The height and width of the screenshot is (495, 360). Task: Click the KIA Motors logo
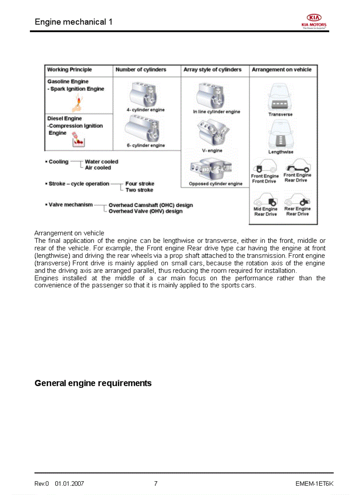[314, 21]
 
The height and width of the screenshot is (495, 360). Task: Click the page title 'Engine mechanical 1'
[73, 22]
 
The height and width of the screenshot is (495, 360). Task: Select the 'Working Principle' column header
[70, 70]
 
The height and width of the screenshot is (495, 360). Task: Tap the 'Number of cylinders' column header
[141, 70]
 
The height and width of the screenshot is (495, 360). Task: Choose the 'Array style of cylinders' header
[213, 70]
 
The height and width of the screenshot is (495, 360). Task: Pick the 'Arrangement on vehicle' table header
[281, 70]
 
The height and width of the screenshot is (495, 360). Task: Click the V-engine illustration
[212, 133]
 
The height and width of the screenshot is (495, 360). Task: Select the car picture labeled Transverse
[279, 99]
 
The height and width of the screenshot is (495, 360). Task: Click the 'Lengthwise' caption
[281, 152]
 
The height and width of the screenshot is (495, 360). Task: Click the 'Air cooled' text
[98, 168]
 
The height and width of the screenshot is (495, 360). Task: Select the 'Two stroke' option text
[139, 190]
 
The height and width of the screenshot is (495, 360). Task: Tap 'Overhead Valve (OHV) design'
[146, 212]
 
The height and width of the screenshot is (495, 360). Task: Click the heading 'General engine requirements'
[93, 383]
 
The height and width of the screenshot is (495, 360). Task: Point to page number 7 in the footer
[156, 484]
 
